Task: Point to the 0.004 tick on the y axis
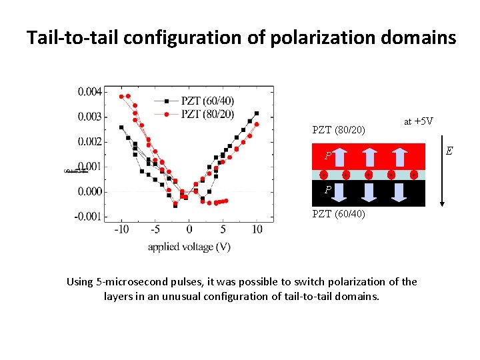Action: coord(89,91)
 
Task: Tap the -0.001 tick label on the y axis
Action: coord(89,216)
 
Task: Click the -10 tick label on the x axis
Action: coord(121,229)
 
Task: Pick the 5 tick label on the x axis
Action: coord(223,229)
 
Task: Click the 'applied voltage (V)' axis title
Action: coord(189,247)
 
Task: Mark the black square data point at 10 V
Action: coord(257,113)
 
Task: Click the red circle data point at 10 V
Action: coord(257,124)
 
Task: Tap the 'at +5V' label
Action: coord(419,121)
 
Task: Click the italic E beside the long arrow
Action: coord(449,151)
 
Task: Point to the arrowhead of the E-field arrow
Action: coord(442,203)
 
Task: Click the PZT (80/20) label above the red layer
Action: coord(339,129)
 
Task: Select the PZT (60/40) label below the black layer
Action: coord(339,214)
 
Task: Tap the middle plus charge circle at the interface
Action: coord(368,175)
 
